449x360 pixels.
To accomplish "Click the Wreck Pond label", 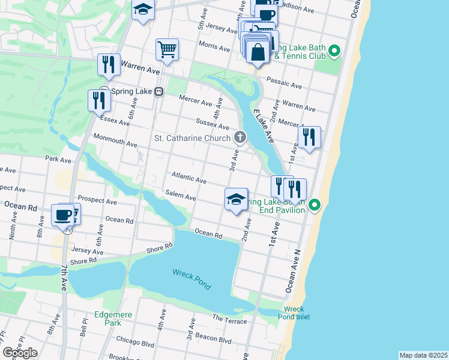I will point(192,279).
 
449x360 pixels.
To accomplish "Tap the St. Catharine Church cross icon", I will point(240,138).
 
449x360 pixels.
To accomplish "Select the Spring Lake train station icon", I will point(159,92).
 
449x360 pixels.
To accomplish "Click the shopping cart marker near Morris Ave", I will point(167,50).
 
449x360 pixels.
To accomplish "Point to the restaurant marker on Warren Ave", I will point(108,65).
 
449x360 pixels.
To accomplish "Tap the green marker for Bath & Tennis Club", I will point(335,52).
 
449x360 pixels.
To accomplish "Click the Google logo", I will point(20,353).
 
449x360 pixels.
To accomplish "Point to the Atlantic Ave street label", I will point(189,178).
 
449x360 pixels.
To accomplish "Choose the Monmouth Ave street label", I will point(115,140).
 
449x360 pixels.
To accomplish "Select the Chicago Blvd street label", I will point(135,342).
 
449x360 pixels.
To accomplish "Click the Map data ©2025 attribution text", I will point(423,355).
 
